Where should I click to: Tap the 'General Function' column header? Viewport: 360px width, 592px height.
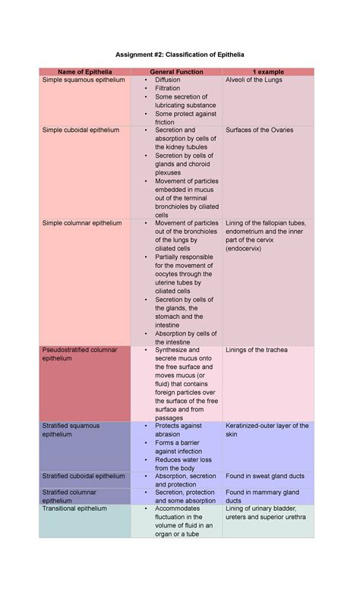click(175, 71)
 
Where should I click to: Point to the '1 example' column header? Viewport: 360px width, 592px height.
click(268, 71)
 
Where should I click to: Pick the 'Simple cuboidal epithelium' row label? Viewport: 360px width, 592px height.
click(81, 130)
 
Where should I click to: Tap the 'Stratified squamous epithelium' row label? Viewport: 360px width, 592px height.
click(71, 430)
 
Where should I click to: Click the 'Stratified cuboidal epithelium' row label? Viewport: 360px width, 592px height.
click(84, 476)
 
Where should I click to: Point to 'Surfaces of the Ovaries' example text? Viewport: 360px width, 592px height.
click(259, 130)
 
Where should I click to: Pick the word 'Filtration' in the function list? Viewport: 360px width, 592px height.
click(169, 88)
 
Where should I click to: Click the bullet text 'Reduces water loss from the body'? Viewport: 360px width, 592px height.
click(183, 464)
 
